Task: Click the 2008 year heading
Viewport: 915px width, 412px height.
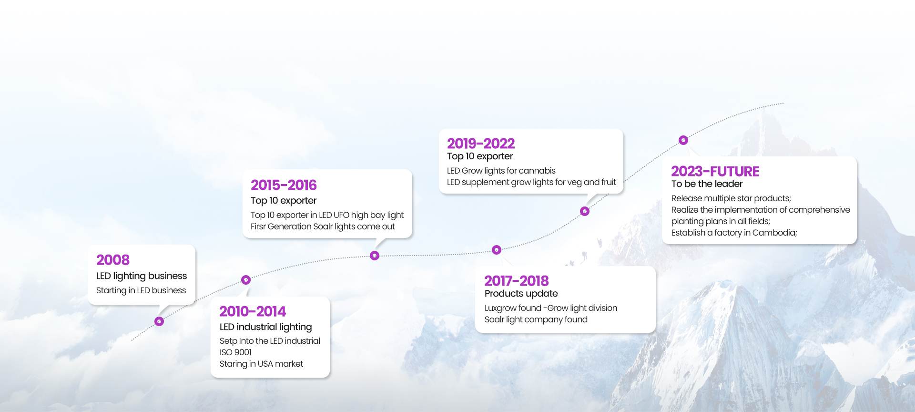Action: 113,260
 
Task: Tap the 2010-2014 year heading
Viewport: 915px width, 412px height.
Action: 253,311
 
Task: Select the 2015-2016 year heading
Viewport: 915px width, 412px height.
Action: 284,185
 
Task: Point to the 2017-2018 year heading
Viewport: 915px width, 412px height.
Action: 517,281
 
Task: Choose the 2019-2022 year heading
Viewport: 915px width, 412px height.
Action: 481,144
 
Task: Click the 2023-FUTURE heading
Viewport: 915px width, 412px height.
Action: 715,171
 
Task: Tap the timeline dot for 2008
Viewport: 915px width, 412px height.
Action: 159,321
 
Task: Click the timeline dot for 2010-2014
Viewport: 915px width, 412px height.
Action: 246,280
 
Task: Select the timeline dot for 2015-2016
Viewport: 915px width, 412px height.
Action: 375,256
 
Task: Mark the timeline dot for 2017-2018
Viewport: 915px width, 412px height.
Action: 497,250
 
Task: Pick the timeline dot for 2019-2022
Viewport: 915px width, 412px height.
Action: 585,211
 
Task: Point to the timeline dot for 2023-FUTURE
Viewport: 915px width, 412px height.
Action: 683,140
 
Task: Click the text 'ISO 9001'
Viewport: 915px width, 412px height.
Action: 235,352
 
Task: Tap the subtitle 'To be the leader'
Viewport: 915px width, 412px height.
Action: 707,184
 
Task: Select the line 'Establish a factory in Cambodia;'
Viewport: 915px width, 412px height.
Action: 734,233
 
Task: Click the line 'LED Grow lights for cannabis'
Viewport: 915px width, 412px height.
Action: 501,171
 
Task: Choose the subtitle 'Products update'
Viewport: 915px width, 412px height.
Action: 521,294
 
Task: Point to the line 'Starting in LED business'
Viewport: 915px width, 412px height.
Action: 141,290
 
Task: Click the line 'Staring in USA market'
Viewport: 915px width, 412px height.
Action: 261,364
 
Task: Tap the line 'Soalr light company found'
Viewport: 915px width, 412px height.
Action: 536,319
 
